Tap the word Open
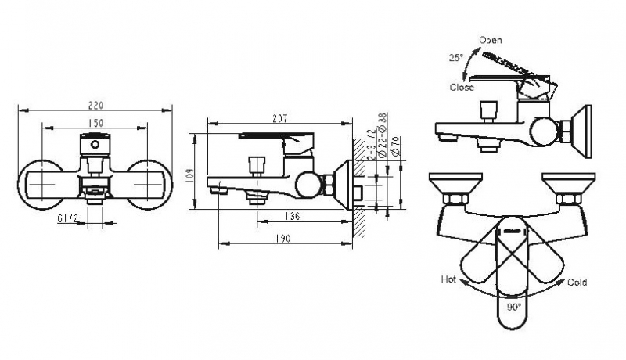tap(491, 40)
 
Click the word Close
tap(462, 88)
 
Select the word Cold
tap(577, 283)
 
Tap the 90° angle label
tap(513, 308)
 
